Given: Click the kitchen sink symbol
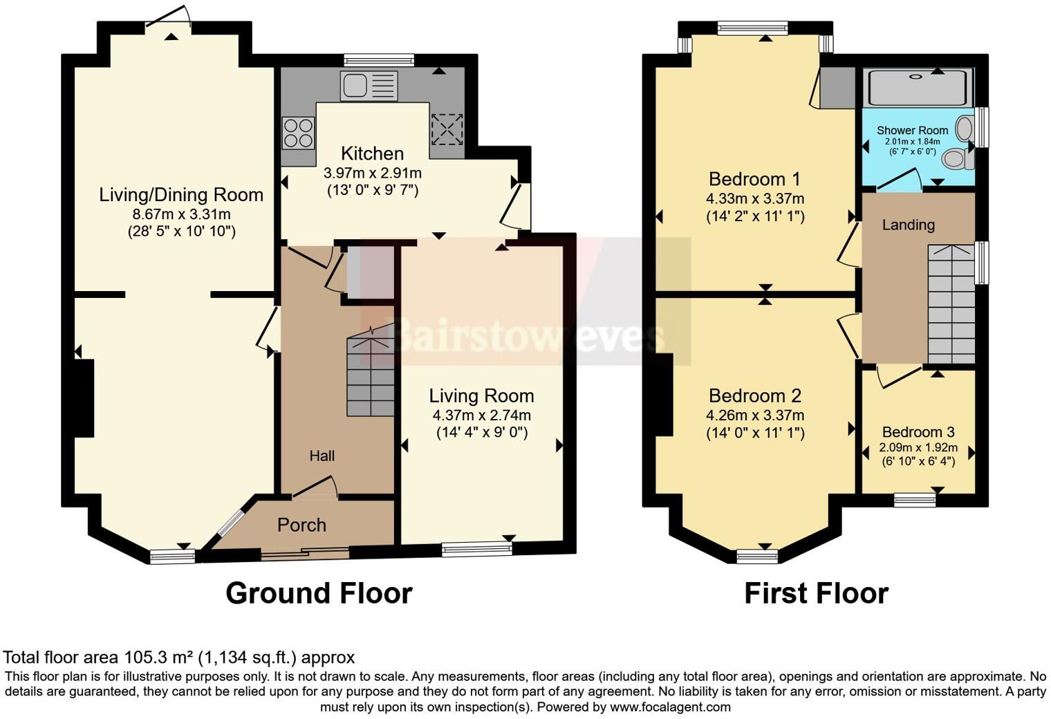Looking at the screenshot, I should (369, 86).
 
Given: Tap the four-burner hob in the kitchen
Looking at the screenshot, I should (298, 132).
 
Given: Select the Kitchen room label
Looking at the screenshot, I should (372, 153).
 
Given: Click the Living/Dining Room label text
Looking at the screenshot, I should (181, 195).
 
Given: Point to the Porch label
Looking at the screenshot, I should (301, 525).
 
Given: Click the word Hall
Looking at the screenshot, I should (322, 456).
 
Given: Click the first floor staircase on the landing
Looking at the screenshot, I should (951, 304).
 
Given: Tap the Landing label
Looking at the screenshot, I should (908, 225).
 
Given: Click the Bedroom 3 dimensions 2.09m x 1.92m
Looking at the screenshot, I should (918, 447).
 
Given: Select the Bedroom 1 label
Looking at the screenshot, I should (754, 179).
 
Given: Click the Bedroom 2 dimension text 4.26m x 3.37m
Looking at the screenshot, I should (755, 415).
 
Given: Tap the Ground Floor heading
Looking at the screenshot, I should (319, 593).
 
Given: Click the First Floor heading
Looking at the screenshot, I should (816, 593).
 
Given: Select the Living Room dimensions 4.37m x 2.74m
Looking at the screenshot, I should (481, 415).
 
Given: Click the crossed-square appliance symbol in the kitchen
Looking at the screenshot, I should (447, 128).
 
